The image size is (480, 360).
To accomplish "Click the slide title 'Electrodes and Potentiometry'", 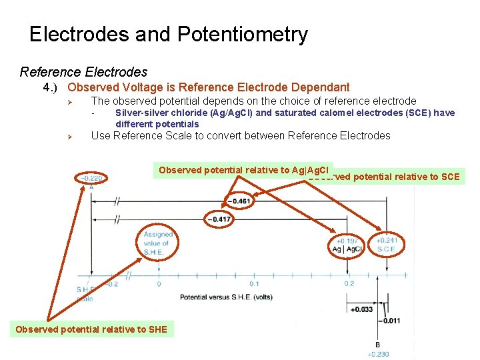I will (x=169, y=35).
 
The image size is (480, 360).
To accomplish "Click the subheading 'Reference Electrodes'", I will (x=83, y=71).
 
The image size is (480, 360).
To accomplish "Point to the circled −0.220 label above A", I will (x=91, y=178).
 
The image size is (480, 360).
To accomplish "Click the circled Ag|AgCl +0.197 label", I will (x=347, y=245).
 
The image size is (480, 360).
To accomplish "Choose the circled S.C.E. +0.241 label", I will (x=386, y=245).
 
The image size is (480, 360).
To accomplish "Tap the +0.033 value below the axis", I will (x=361, y=309).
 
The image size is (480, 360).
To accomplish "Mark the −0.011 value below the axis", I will (x=390, y=321).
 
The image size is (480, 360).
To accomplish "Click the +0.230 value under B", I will (x=378, y=354).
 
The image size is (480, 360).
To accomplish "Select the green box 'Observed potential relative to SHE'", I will (x=91, y=329).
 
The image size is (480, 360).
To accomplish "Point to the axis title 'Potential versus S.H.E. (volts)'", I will (x=226, y=296).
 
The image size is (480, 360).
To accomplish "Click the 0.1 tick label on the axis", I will (x=254, y=283).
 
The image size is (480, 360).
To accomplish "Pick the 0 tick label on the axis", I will (x=159, y=283).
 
